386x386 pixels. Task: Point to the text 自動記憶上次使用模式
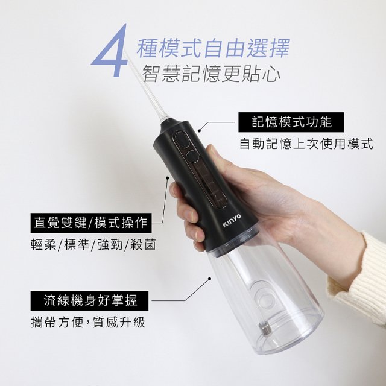(306, 144)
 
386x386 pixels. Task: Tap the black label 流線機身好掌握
(89, 300)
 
